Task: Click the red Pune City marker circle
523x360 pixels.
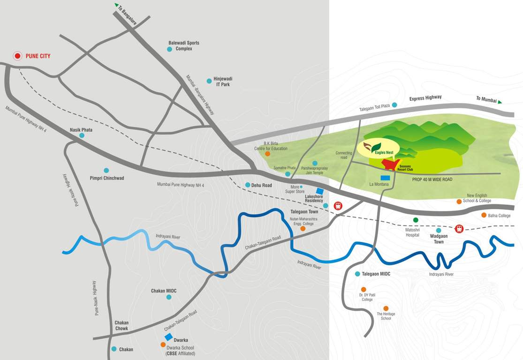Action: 17,56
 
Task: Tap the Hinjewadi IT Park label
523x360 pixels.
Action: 223,82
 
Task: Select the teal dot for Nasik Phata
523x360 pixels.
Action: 82,135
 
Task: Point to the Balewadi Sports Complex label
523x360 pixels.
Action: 184,45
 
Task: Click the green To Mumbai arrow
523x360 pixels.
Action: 500,101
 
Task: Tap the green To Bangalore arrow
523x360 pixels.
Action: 116,5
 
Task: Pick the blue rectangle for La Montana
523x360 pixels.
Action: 385,178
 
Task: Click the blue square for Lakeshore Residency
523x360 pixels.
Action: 320,191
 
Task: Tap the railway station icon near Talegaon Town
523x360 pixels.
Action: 338,205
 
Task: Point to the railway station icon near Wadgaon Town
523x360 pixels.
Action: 459,229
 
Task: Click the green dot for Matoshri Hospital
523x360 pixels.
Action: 415,220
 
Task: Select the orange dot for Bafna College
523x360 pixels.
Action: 484,215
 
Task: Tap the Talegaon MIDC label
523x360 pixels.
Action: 376,274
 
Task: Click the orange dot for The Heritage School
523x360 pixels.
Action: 386,308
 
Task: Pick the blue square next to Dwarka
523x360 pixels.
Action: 168,337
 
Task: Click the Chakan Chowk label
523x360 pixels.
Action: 121,325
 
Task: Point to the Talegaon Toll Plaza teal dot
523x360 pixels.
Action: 394,105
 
